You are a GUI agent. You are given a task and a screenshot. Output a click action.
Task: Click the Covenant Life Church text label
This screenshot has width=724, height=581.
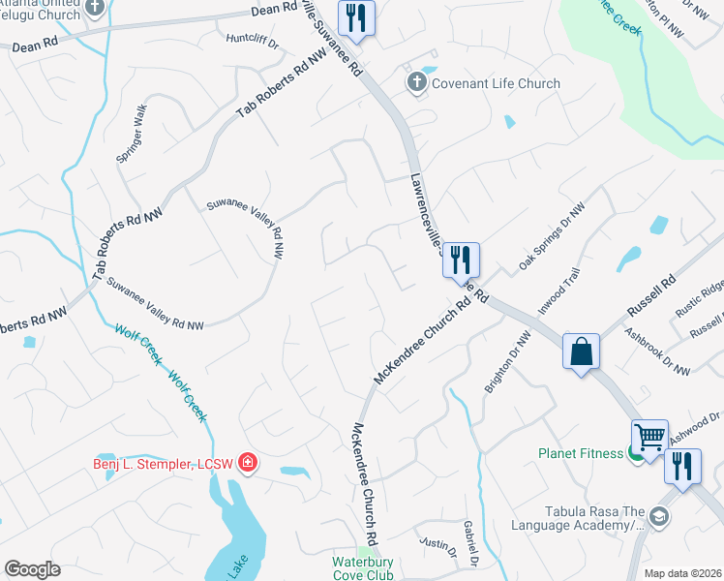click(x=497, y=83)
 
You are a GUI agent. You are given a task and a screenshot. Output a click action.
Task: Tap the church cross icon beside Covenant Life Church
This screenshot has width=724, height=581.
click(x=417, y=81)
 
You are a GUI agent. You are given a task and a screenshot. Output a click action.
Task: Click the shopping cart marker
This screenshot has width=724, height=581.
click(x=649, y=438)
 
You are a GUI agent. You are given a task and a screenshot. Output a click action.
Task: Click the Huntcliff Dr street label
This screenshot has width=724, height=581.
click(x=252, y=44)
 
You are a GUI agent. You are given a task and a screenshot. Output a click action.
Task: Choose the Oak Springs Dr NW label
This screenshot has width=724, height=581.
click(x=553, y=236)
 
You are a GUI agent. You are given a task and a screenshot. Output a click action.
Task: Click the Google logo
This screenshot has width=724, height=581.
click(x=32, y=569)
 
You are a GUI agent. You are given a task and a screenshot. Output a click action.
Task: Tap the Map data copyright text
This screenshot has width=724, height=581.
click(x=682, y=573)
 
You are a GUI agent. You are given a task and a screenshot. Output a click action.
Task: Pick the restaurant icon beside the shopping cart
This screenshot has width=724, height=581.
click(x=682, y=468)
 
